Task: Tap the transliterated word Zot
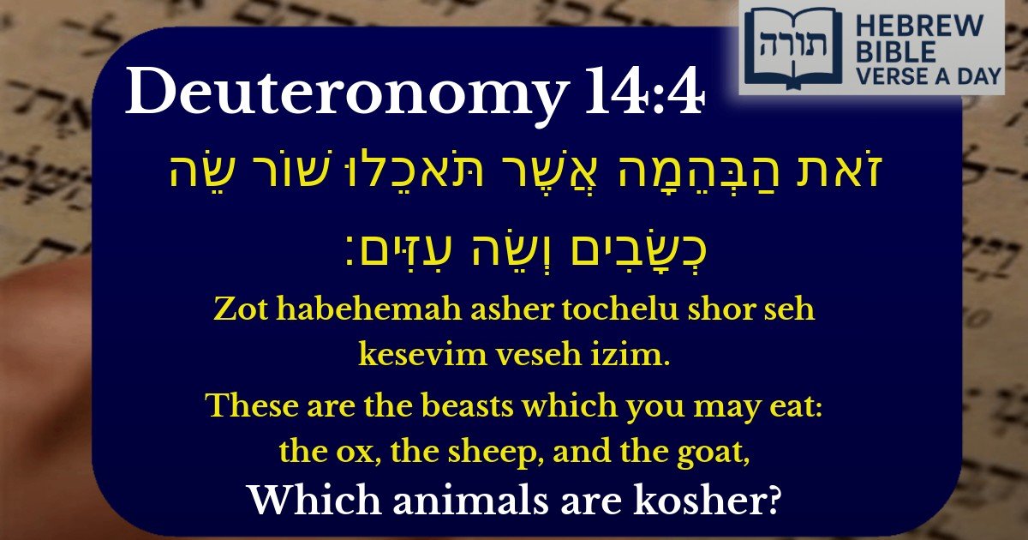coord(236,311)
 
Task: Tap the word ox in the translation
coord(356,451)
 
